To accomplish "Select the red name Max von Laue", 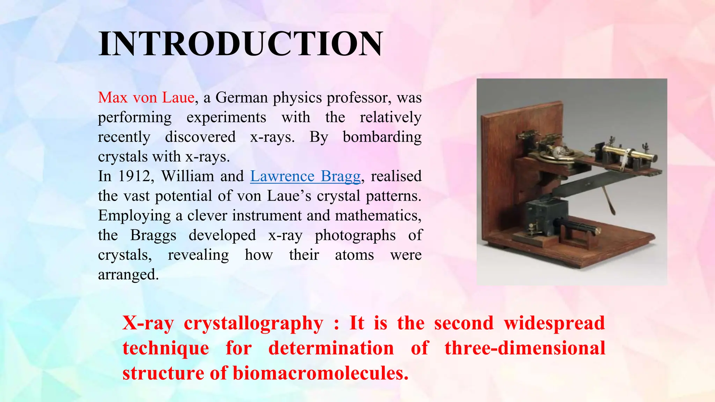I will click(146, 97).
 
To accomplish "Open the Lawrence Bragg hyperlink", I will click(305, 176).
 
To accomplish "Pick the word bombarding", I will click(382, 137).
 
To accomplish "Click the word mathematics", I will click(378, 216).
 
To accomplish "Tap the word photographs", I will click(355, 236).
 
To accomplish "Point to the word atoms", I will click(354, 255).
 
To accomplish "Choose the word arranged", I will click(128, 275).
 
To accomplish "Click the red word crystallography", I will click(253, 323).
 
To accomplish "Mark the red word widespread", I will click(554, 323).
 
